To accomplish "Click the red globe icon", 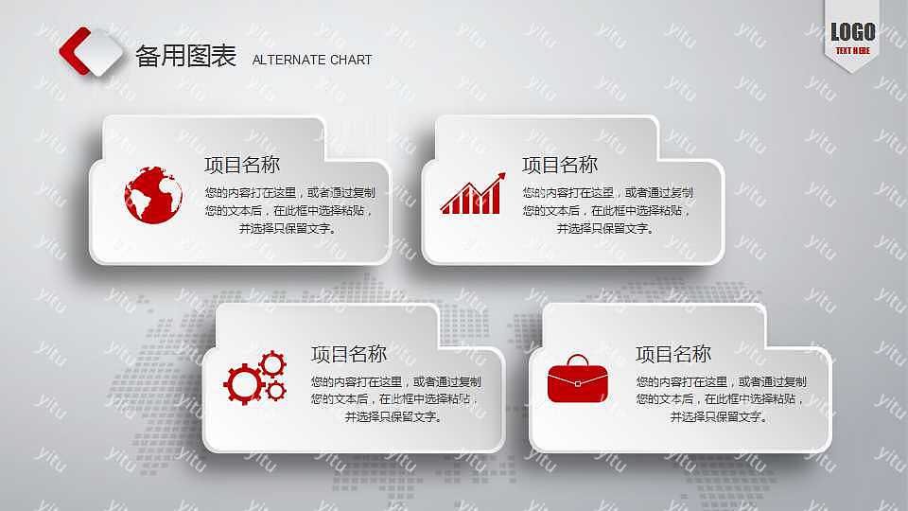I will [152, 195].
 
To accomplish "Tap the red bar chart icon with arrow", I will [472, 193].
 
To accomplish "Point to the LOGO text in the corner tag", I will [852, 32].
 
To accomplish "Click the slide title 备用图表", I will [185, 57].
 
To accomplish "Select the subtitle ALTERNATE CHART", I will [311, 60].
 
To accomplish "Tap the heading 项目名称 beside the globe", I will [242, 165].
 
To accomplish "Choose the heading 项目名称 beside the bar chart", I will [560, 165].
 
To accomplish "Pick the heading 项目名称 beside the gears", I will [349, 354].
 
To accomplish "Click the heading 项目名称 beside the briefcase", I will [673, 354].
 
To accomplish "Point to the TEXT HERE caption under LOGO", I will [852, 49].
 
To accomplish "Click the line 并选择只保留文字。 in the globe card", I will [288, 228].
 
